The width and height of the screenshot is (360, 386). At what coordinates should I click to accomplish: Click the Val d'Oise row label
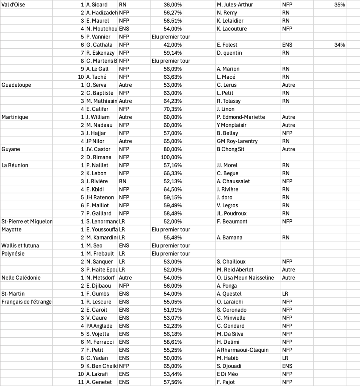pyautogui.click(x=14, y=5)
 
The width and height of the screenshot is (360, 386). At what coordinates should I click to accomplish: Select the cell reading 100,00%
pyautogui.click(x=172, y=157)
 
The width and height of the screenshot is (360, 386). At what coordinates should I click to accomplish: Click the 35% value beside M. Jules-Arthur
pyautogui.click(x=339, y=5)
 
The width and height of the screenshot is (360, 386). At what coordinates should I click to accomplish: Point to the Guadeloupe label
pyautogui.click(x=16, y=85)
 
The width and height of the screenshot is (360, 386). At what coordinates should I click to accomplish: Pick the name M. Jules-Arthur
pyautogui.click(x=235, y=5)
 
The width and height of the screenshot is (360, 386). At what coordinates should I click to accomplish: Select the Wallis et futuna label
pyautogui.click(x=20, y=245)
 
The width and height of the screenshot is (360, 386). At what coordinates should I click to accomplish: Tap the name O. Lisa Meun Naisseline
pyautogui.click(x=245, y=278)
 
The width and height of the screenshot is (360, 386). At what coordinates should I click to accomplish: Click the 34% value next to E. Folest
pyautogui.click(x=339, y=45)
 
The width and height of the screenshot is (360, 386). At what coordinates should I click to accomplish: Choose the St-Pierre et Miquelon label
pyautogui.click(x=27, y=221)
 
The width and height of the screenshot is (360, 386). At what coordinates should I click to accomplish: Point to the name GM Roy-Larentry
pyautogui.click(x=237, y=141)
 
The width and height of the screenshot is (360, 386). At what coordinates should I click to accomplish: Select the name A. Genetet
pyautogui.click(x=98, y=382)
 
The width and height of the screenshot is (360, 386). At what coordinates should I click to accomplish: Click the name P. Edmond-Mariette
pyautogui.click(x=241, y=117)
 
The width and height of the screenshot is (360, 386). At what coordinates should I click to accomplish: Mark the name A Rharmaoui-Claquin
pyautogui.click(x=243, y=350)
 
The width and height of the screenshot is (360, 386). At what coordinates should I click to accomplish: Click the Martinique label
pyautogui.click(x=15, y=117)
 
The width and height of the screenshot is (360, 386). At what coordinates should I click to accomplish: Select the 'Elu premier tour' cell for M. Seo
pyautogui.click(x=171, y=245)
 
